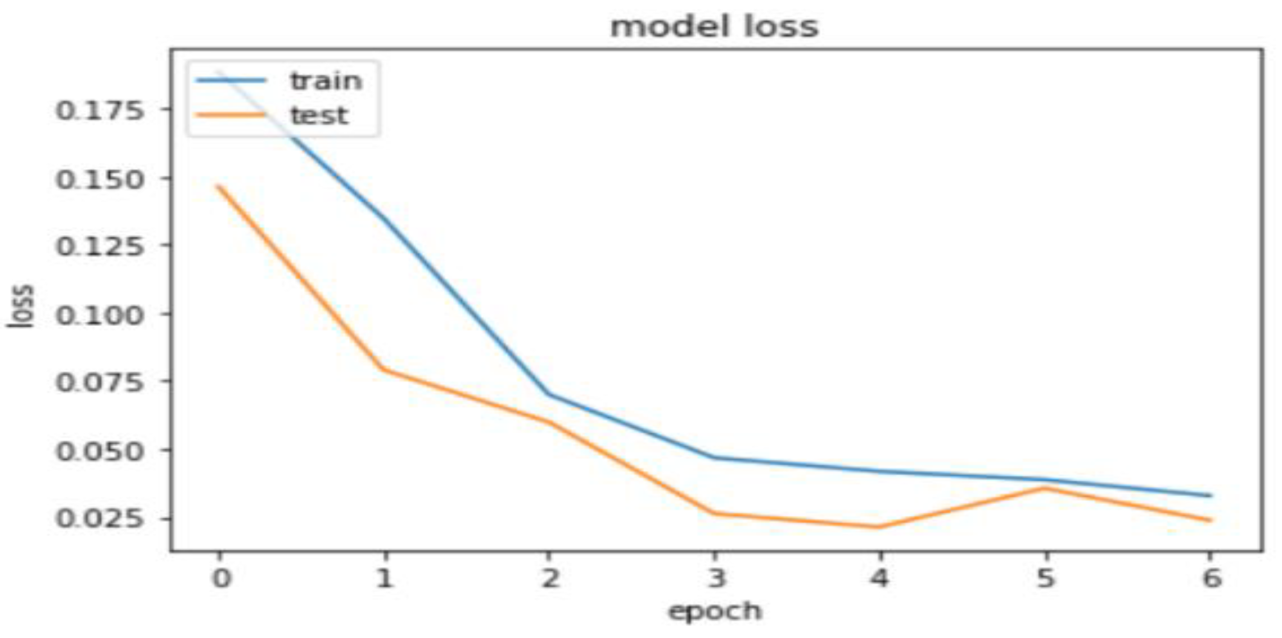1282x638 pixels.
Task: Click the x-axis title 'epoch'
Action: tap(714, 611)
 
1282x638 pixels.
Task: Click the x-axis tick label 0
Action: tap(220, 579)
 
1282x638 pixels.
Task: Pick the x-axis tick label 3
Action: tap(715, 579)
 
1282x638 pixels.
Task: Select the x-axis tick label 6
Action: tap(1210, 579)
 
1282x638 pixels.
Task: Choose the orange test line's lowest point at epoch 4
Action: tap(880, 526)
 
